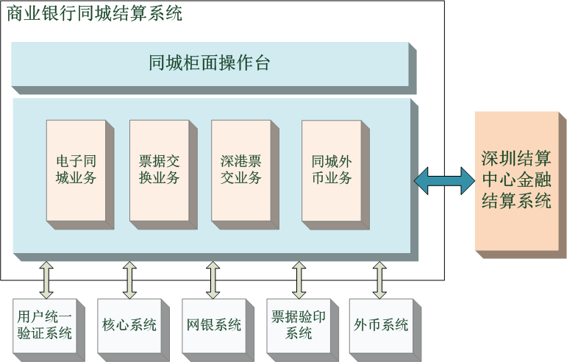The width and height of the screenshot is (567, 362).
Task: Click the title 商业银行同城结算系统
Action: tap(94, 13)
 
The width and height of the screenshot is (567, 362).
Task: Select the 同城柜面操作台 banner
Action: tap(210, 64)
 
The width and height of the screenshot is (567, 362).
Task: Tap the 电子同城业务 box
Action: tap(76, 169)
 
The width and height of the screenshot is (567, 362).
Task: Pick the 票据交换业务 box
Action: tap(159, 169)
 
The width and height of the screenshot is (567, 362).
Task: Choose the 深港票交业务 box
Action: tap(240, 169)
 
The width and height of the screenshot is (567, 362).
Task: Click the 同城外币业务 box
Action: tap(331, 169)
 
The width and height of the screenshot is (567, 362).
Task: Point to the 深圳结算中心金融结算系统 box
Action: tap(516, 180)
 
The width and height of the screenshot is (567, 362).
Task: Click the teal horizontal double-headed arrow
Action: tap(444, 180)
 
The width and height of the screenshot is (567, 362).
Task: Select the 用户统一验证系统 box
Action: tap(44, 324)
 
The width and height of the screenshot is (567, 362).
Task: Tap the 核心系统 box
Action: tap(129, 324)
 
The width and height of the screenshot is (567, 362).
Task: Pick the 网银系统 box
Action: tap(213, 324)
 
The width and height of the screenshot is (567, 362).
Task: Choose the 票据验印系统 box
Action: tap(298, 324)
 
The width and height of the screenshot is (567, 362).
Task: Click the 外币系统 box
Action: tap(380, 324)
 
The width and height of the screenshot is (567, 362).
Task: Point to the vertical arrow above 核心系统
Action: tap(129, 279)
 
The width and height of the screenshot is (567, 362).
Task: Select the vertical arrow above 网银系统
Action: tap(213, 279)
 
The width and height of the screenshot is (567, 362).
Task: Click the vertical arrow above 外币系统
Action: tap(380, 279)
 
